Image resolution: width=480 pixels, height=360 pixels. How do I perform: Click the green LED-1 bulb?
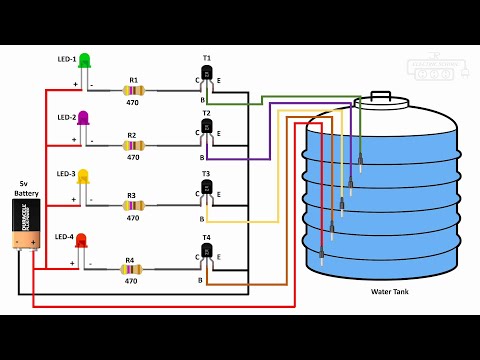coord(85,62)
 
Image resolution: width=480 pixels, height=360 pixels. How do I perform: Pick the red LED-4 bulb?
coord(82,240)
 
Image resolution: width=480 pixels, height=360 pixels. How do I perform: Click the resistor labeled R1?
coord(132,90)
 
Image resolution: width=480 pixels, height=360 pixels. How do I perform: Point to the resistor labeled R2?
coord(132,146)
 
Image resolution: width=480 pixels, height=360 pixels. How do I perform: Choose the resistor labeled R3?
coord(132,204)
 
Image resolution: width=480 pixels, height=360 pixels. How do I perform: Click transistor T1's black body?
coord(208,74)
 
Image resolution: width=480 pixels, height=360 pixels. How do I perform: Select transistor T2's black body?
coord(208,132)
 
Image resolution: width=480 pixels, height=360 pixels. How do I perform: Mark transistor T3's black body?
coord(208,191)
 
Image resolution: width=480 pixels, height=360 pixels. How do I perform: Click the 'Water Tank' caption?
coord(390,292)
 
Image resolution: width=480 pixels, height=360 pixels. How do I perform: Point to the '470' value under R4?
coord(131,281)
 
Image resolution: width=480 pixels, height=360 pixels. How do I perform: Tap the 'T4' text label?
coord(207,237)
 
